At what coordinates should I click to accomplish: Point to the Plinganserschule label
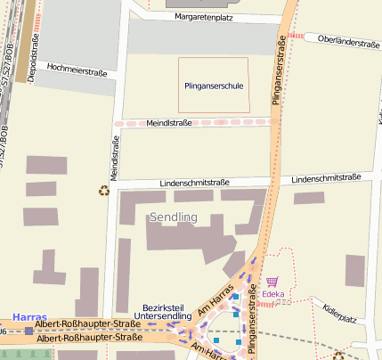[x=214, y=86]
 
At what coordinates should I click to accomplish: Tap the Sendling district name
[x=173, y=217]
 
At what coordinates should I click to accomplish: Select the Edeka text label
[x=272, y=293]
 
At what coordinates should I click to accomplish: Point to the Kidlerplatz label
[x=339, y=314]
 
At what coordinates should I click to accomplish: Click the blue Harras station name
[x=29, y=317]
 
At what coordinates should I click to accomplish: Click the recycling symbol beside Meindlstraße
[x=103, y=190]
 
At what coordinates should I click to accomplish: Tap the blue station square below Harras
[x=29, y=331]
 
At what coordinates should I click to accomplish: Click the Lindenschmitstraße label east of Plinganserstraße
[x=321, y=178]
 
